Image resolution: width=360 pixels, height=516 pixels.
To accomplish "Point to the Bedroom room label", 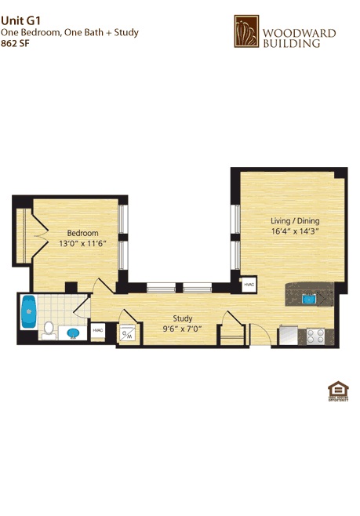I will pyautogui.click(x=82, y=233).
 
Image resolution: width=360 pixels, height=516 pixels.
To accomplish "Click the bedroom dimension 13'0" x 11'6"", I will pyautogui.click(x=82, y=244).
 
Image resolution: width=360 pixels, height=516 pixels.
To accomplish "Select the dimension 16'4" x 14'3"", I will pyautogui.click(x=295, y=231).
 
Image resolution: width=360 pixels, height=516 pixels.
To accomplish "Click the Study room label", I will pyautogui.click(x=183, y=318).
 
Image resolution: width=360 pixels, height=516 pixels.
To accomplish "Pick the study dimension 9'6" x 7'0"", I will pyautogui.click(x=183, y=329).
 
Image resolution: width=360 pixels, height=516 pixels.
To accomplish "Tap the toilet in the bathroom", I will pyautogui.click(x=49, y=329).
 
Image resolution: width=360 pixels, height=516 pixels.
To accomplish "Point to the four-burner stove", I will pyautogui.click(x=316, y=336).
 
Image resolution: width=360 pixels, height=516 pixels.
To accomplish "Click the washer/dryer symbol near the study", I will pyautogui.click(x=128, y=333).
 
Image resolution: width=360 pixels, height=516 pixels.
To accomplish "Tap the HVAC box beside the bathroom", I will pyautogui.click(x=98, y=331).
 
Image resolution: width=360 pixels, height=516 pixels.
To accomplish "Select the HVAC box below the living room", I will pyautogui.click(x=249, y=284).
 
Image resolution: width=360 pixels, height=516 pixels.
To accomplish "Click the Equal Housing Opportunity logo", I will pyautogui.click(x=337, y=391).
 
